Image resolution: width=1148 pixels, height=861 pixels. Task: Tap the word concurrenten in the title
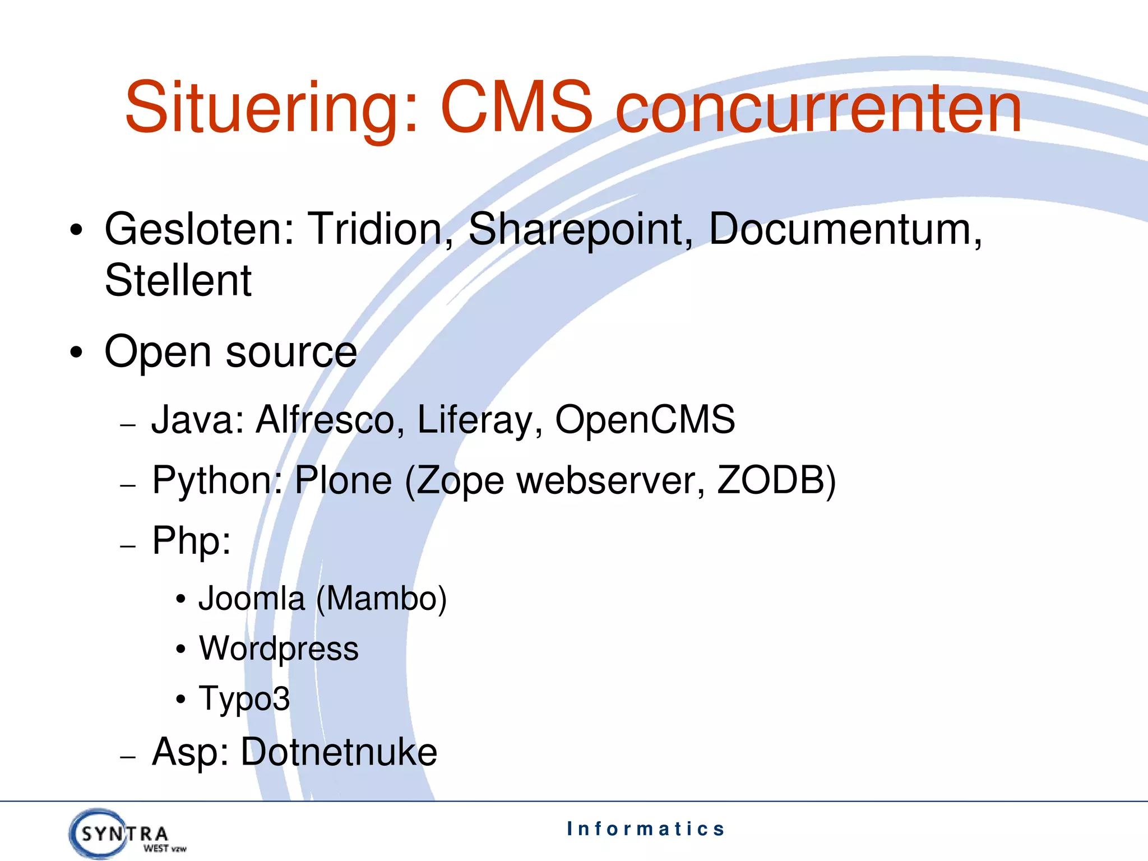(x=818, y=108)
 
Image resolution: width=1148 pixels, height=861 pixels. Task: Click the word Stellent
(x=178, y=280)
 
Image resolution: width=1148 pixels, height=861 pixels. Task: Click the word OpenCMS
(x=645, y=420)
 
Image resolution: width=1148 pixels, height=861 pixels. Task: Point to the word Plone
(x=343, y=481)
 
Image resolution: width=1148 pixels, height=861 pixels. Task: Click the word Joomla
(x=252, y=599)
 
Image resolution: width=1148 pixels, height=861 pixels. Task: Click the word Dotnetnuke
(x=339, y=752)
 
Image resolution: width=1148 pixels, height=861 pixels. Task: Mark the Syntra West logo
(x=127, y=834)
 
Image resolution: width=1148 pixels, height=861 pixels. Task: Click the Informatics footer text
(x=646, y=828)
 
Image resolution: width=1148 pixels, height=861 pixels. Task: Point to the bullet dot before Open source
(x=77, y=353)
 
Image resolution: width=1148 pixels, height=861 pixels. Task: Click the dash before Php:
(x=128, y=545)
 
